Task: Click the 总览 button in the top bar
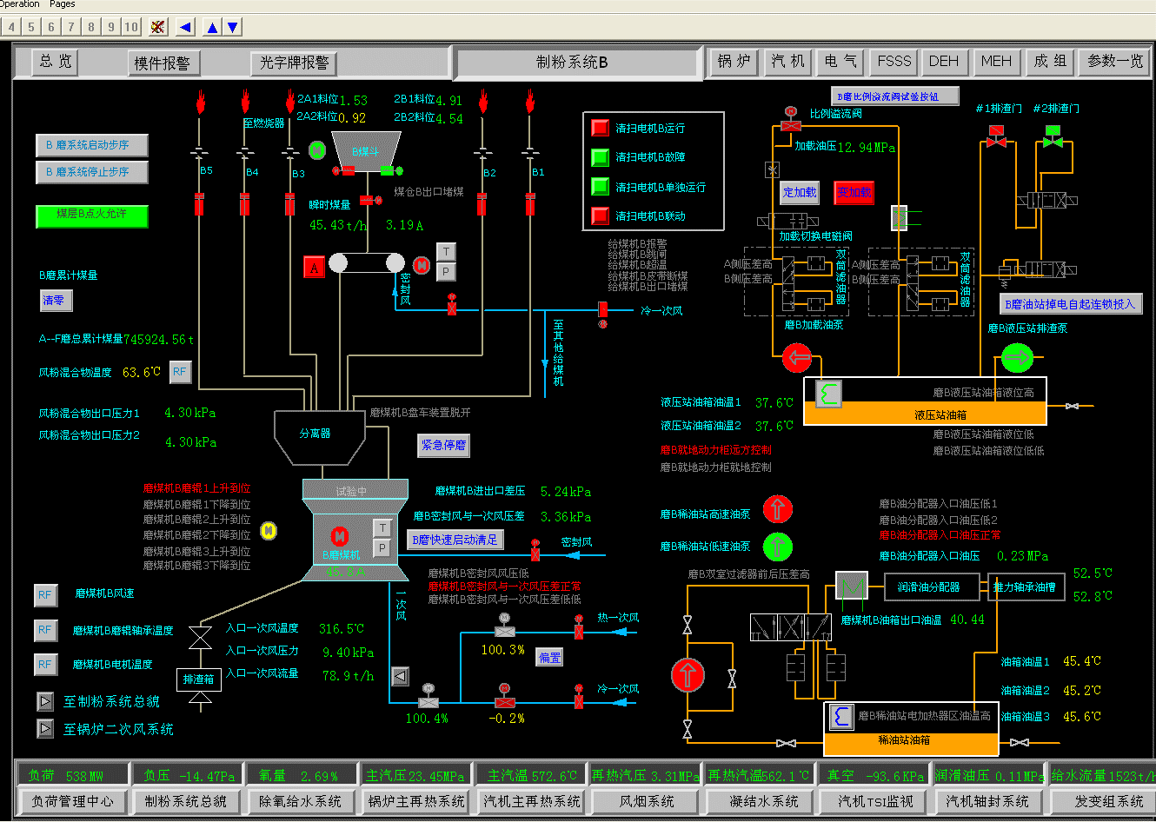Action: pos(56,62)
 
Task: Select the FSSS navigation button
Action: pos(894,62)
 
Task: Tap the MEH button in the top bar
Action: pos(996,62)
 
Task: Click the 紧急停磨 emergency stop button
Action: pos(443,445)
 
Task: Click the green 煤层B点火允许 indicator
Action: pos(91,215)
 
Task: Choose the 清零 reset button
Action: pos(55,301)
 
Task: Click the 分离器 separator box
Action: pos(315,433)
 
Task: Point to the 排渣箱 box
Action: pos(199,679)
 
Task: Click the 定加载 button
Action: pos(800,193)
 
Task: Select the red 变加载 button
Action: pos(854,193)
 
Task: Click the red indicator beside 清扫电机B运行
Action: pos(600,128)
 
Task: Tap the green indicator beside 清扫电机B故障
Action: pos(600,157)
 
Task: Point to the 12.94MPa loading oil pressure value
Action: pos(867,148)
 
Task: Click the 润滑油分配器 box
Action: pos(928,587)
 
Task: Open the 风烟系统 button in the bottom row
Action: pos(647,801)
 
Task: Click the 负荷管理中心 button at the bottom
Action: pos(72,801)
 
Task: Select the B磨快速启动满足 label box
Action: pos(455,540)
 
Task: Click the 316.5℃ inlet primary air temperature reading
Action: pos(342,629)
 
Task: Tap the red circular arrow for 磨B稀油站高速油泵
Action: pos(778,509)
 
